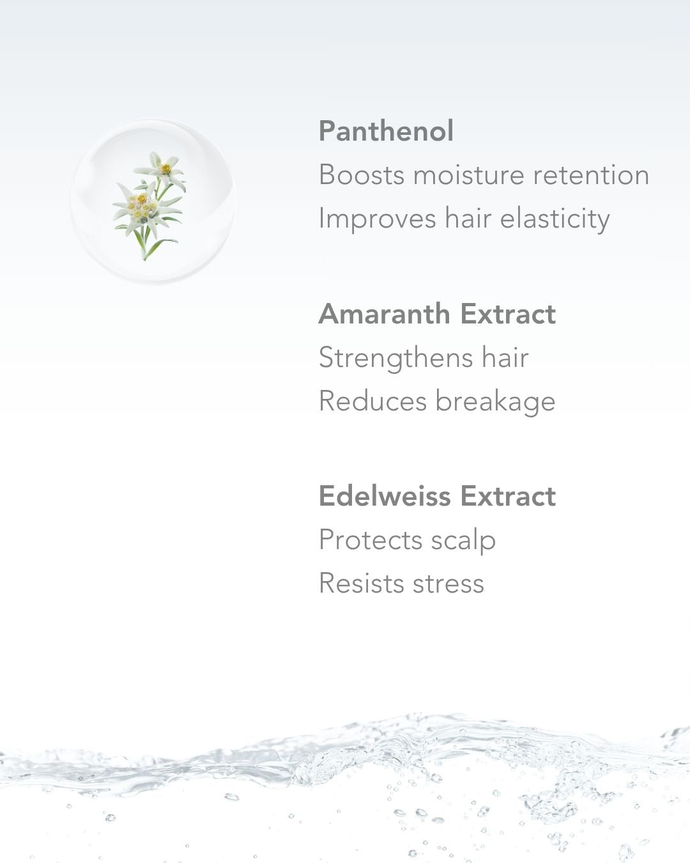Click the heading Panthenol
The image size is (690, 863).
(386, 131)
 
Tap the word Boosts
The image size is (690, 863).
(362, 175)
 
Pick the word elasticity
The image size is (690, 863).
(555, 219)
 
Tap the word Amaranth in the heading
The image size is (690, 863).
(384, 314)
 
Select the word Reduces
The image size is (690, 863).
(372, 401)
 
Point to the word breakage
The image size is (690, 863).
(496, 401)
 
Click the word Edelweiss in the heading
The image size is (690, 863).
(384, 496)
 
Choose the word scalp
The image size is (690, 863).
(463, 540)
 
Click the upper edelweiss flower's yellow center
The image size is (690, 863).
(165, 169)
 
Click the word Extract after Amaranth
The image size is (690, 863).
(508, 314)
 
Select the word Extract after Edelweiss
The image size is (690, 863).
(508, 496)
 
